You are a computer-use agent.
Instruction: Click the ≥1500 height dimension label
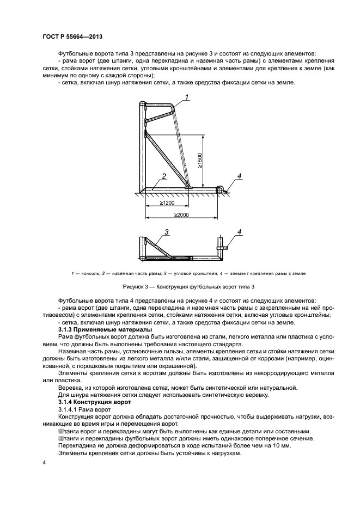pos(200,161)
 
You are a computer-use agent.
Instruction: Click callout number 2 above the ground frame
pos(163,176)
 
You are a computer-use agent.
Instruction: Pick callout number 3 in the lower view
pos(167,232)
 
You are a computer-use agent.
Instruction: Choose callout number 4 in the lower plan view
pos(239,232)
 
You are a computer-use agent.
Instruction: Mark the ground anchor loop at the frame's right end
pos(220,189)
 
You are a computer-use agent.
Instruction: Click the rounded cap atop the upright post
pos(143,103)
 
